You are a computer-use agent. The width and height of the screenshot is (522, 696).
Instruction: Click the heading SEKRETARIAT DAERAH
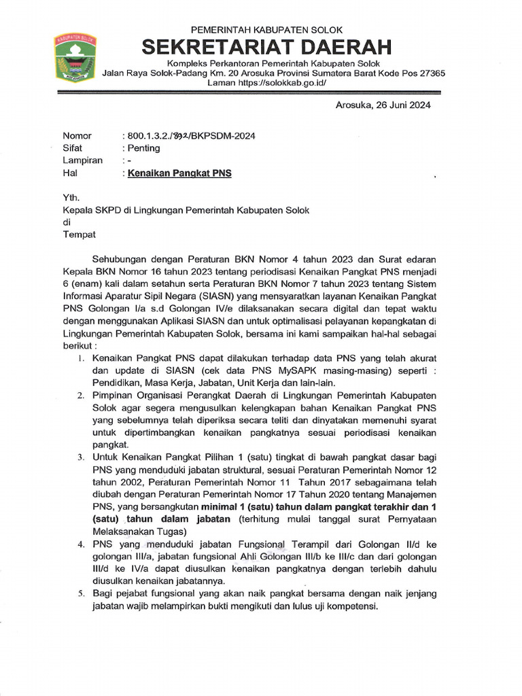click(267, 48)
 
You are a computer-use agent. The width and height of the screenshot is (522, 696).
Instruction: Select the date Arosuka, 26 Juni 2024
click(383, 105)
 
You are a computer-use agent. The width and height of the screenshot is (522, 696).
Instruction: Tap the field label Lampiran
click(82, 160)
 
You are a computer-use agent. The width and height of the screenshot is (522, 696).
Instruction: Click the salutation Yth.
click(71, 198)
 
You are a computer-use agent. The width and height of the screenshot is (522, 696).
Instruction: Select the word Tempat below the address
click(80, 234)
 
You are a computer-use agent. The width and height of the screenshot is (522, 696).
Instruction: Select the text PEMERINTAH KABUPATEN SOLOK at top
click(266, 30)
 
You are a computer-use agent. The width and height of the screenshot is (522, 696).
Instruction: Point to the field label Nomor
click(77, 136)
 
